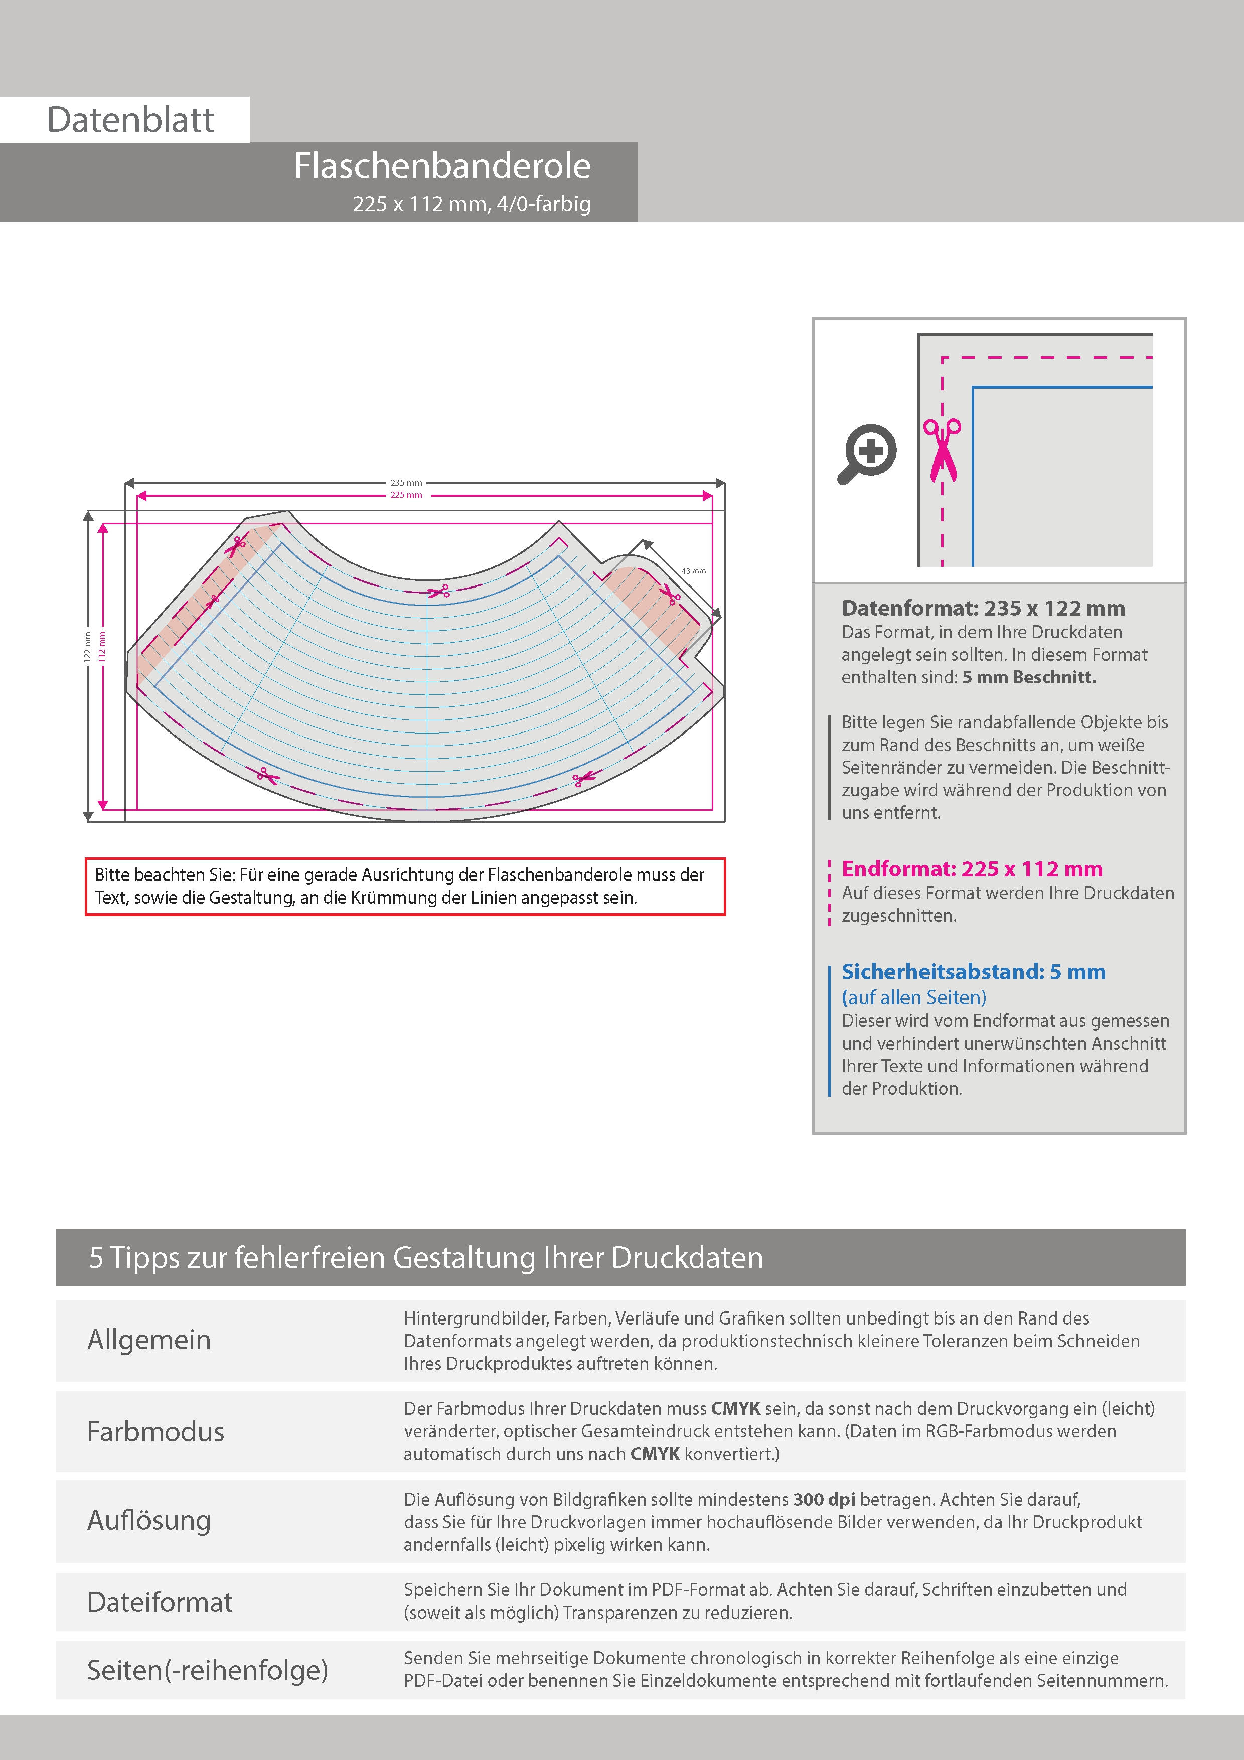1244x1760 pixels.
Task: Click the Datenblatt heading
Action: click(130, 120)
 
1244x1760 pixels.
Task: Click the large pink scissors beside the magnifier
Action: click(942, 450)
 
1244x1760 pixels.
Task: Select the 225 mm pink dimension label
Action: click(406, 495)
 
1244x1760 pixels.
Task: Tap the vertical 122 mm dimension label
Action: click(87, 646)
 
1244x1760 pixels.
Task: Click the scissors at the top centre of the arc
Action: click(438, 591)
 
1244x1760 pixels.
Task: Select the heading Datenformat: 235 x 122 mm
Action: click(983, 609)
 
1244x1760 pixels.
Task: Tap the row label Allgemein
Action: click(148, 1340)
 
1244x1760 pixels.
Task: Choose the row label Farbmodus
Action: click(155, 1432)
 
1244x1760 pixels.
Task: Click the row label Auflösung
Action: click(148, 1521)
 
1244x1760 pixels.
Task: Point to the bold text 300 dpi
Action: click(824, 1500)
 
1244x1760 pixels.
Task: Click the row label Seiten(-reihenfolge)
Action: click(207, 1670)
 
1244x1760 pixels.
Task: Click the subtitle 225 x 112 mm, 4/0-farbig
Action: click(472, 204)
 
